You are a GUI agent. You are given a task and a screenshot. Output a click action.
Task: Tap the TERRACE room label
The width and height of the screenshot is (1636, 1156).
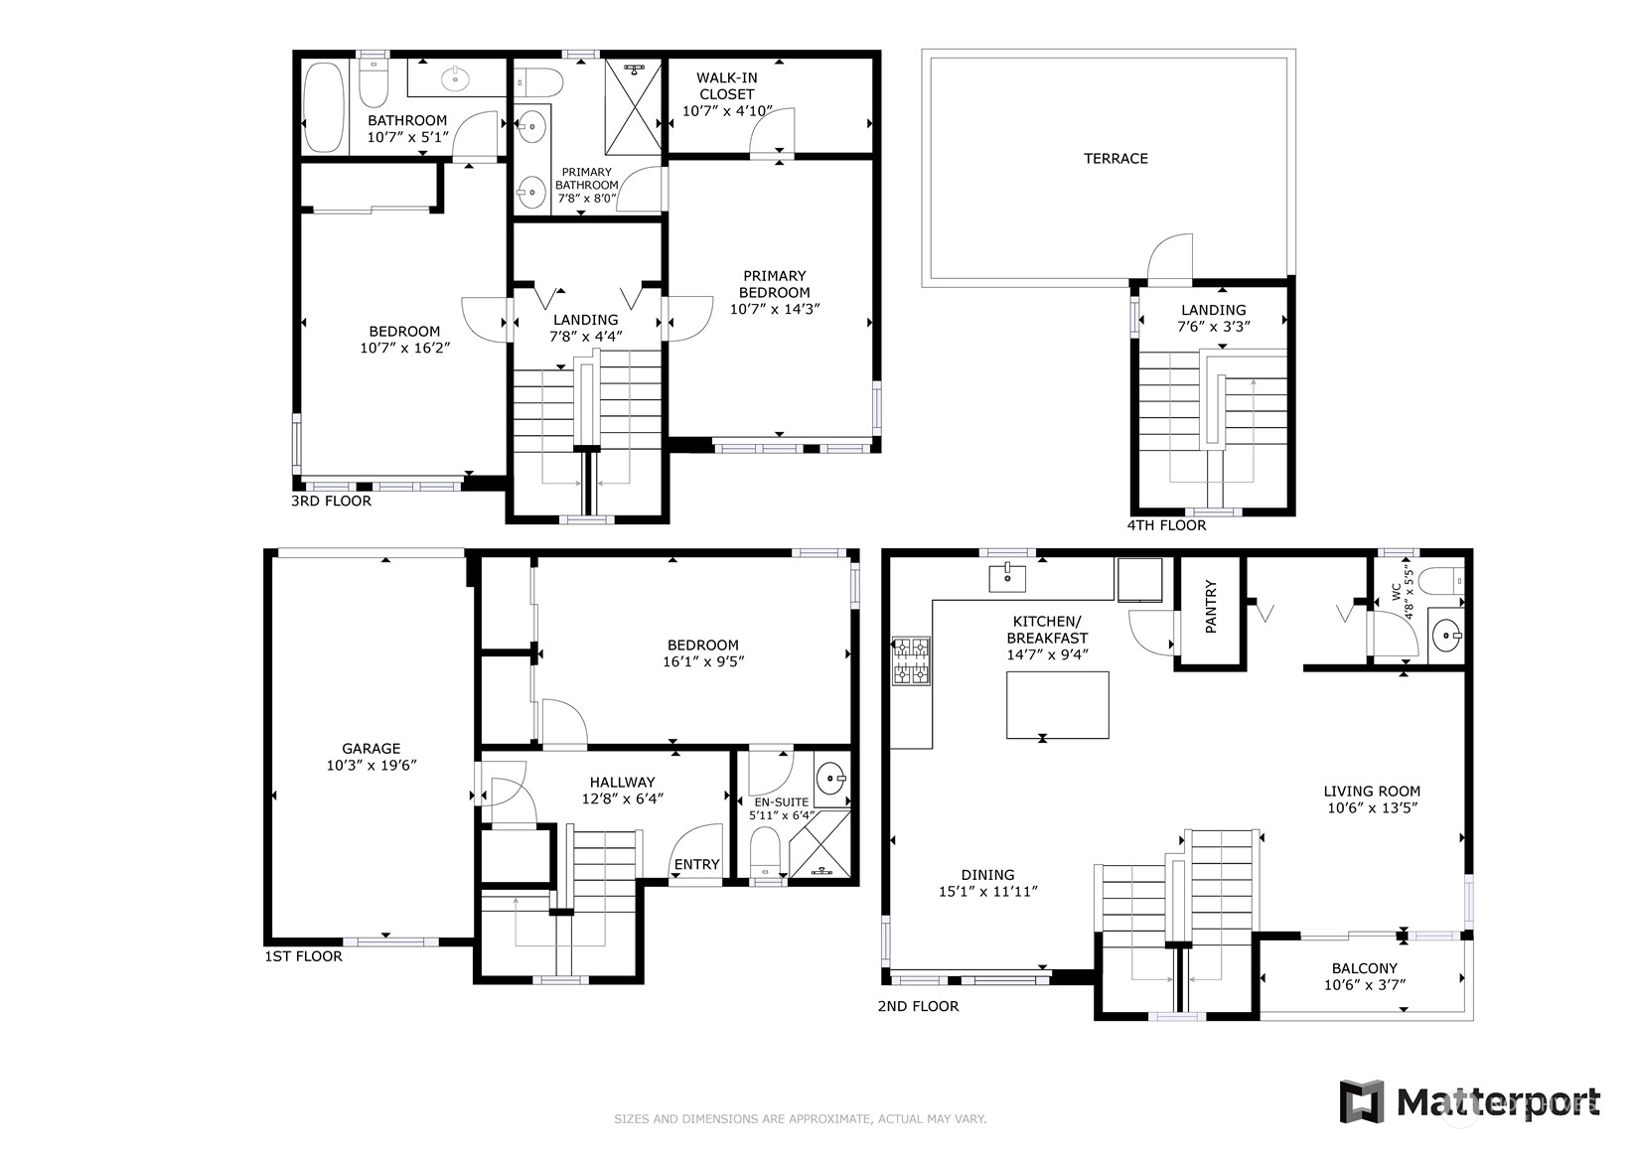pyautogui.click(x=1115, y=159)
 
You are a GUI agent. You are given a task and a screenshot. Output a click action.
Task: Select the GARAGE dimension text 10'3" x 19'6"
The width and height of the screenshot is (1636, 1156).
pyautogui.click(x=371, y=766)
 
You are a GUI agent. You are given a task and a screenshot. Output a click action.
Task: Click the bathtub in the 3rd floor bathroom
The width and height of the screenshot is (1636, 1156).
pyautogui.click(x=323, y=106)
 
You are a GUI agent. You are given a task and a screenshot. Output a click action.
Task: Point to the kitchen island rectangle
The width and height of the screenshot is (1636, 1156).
pyautogui.click(x=1057, y=704)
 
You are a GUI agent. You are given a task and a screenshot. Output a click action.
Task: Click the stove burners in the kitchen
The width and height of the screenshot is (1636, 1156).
pyautogui.click(x=912, y=662)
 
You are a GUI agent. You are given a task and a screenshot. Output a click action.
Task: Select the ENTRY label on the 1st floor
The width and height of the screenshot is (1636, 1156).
pyautogui.click(x=696, y=864)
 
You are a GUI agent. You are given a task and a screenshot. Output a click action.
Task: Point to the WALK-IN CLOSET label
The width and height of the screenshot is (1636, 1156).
pyautogui.click(x=726, y=86)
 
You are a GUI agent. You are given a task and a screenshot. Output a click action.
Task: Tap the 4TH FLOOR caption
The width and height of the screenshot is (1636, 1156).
pyautogui.click(x=1166, y=525)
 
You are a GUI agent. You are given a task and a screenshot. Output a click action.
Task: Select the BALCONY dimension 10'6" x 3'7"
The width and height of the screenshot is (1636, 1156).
pyautogui.click(x=1364, y=985)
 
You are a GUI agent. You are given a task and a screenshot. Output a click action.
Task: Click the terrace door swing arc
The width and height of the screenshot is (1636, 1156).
pyautogui.click(x=1171, y=257)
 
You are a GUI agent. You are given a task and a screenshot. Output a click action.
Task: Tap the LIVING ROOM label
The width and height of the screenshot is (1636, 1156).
pyautogui.click(x=1371, y=792)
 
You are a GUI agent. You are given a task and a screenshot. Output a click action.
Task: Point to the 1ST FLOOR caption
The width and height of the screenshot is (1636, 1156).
pyautogui.click(x=303, y=956)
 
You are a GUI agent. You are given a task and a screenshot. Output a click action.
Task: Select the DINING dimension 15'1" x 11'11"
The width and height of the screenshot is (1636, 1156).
pyautogui.click(x=987, y=892)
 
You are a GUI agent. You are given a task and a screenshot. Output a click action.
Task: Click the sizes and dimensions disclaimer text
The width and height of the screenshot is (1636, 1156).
pyautogui.click(x=800, y=1119)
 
